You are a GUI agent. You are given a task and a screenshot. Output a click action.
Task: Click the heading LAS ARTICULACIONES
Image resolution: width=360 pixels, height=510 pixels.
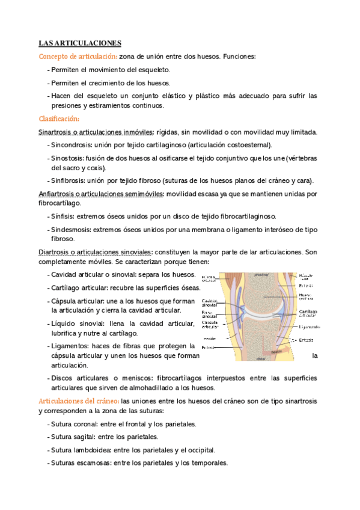80,43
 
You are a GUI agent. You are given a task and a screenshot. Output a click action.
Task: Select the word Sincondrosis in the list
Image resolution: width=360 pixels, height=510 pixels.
70,145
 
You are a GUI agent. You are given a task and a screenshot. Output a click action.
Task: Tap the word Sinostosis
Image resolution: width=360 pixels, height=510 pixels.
67,158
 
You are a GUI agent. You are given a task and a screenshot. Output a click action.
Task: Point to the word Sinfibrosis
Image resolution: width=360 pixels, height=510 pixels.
68,181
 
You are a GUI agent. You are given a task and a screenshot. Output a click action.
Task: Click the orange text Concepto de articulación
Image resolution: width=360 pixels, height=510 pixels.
78,57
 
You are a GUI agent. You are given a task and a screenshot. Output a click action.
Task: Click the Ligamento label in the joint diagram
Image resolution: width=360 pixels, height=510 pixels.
310,327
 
